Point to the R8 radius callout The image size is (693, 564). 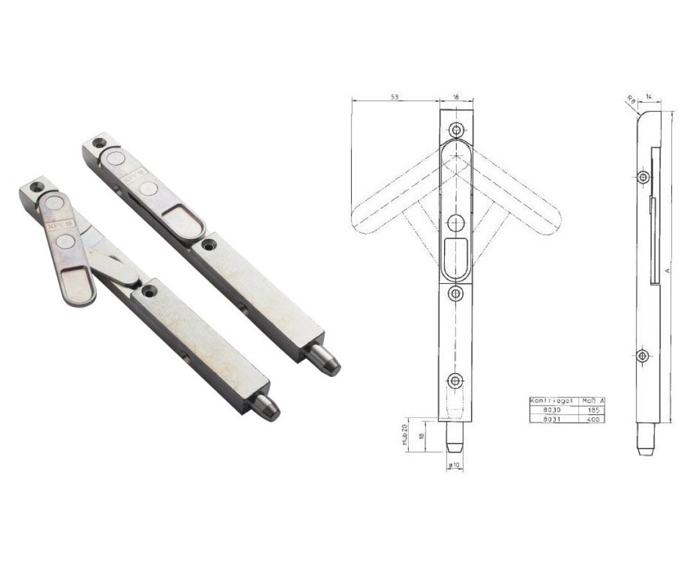click(x=631, y=100)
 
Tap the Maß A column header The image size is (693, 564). click(x=592, y=401)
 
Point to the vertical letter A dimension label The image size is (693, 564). click(x=667, y=271)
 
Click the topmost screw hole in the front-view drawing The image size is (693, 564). click(x=456, y=129)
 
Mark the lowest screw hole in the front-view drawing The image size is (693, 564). click(x=456, y=381)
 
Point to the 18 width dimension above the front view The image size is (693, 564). click(x=456, y=96)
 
